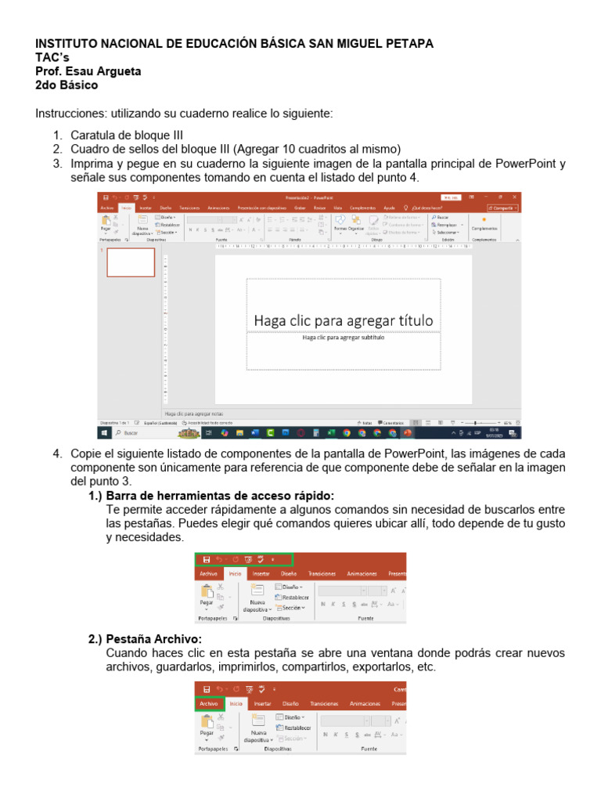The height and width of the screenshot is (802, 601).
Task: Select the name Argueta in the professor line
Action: click(116, 71)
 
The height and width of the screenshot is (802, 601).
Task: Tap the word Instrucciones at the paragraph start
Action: click(66, 114)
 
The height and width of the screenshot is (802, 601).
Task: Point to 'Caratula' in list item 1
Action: click(93, 135)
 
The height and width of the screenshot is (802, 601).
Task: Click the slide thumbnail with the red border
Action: click(131, 262)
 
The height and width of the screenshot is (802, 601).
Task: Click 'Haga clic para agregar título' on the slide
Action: click(343, 320)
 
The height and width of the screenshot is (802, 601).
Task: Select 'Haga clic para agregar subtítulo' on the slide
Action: click(343, 338)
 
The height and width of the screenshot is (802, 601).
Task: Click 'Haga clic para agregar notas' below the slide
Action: click(194, 413)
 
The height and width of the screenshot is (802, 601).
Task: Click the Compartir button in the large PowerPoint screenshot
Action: click(502, 208)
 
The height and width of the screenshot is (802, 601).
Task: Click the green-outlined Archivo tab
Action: click(209, 704)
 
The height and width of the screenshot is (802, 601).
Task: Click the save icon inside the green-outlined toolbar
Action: click(207, 559)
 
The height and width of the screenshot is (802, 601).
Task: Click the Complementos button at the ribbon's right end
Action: click(484, 228)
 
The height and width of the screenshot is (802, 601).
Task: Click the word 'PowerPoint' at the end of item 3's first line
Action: click(527, 163)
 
